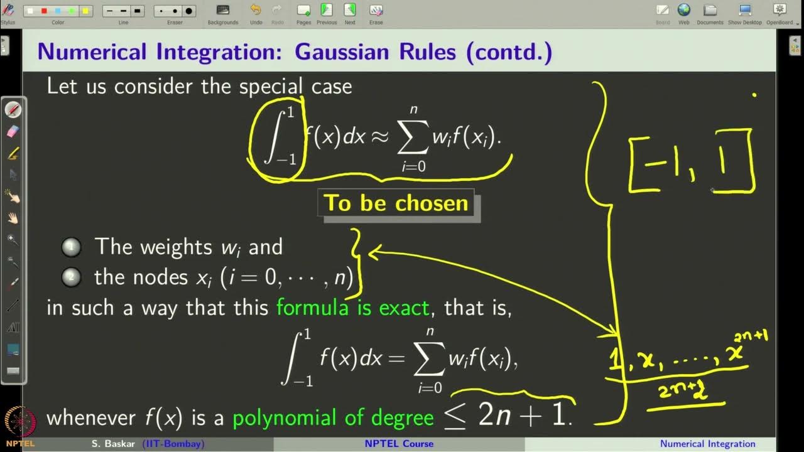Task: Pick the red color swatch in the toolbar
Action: pos(44,11)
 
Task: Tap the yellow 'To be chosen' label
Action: pos(396,203)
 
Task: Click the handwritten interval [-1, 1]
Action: pos(691,161)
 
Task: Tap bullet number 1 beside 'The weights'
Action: pos(71,248)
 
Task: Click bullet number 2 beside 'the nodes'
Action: pos(71,277)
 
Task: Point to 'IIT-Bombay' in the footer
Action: pos(173,444)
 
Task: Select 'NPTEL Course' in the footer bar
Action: pos(399,444)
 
